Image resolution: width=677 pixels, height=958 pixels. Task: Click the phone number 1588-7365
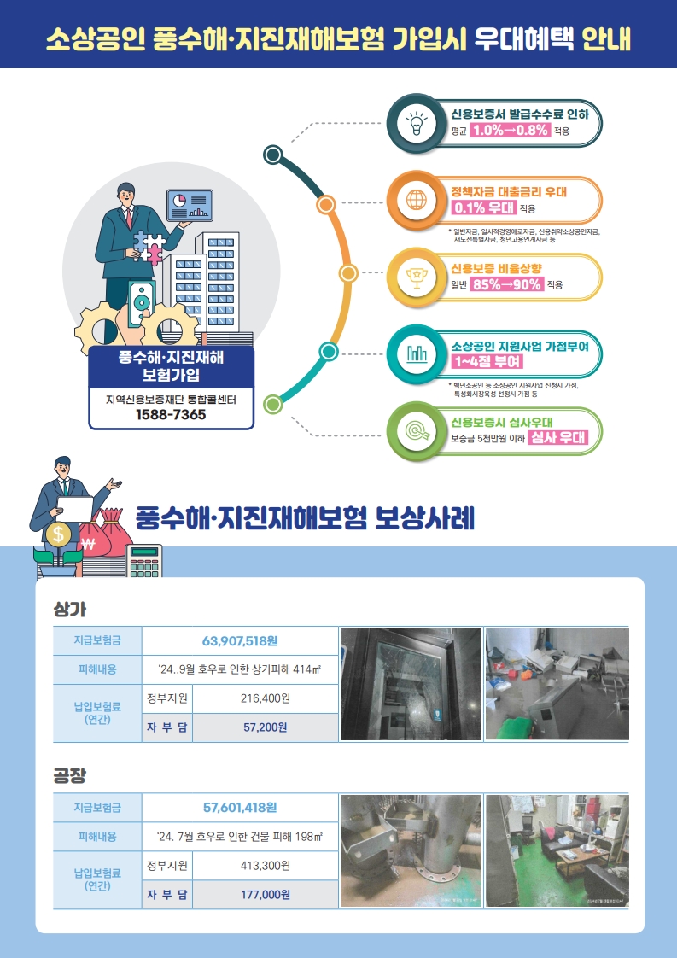pos(171,415)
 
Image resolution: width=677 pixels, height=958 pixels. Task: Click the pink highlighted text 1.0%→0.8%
pos(510,131)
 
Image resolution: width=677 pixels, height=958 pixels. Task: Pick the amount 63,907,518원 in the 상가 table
pos(241,641)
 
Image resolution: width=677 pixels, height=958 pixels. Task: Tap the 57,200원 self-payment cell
pos(266,727)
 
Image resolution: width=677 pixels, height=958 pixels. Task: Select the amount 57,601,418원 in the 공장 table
pos(240,807)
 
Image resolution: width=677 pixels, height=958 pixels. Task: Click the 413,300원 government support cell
pos(266,866)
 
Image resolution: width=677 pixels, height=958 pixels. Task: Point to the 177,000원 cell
pos(266,895)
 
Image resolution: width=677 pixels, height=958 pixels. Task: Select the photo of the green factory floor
pos(557,850)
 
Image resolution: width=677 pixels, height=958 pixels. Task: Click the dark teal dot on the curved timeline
pos(273,155)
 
